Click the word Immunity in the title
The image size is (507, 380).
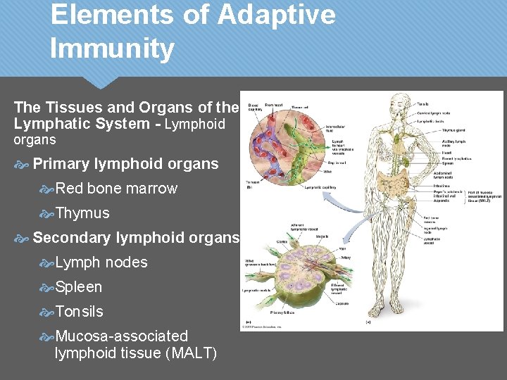pyautogui.click(x=113, y=49)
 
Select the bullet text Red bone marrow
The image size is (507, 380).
pyautogui.click(x=116, y=189)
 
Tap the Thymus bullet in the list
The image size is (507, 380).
pyautogui.click(x=82, y=213)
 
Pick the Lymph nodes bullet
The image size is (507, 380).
pyautogui.click(x=101, y=262)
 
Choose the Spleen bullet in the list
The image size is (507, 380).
pyautogui.click(x=79, y=287)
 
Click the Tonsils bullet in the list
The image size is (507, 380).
pyautogui.click(x=79, y=312)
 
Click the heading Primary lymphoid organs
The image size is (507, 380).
pyautogui.click(x=125, y=164)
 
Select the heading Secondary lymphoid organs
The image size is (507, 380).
pyautogui.click(x=136, y=238)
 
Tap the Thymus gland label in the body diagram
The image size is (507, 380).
pyautogui.click(x=453, y=129)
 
